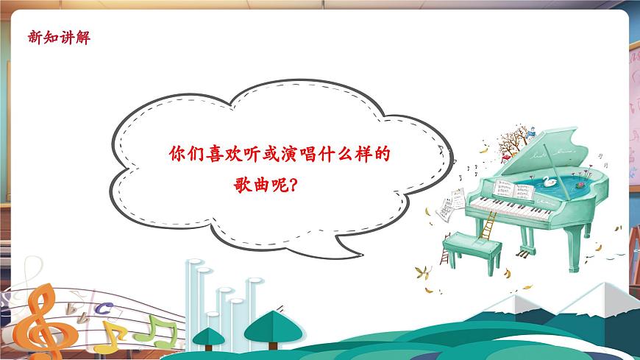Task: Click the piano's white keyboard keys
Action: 512,209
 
